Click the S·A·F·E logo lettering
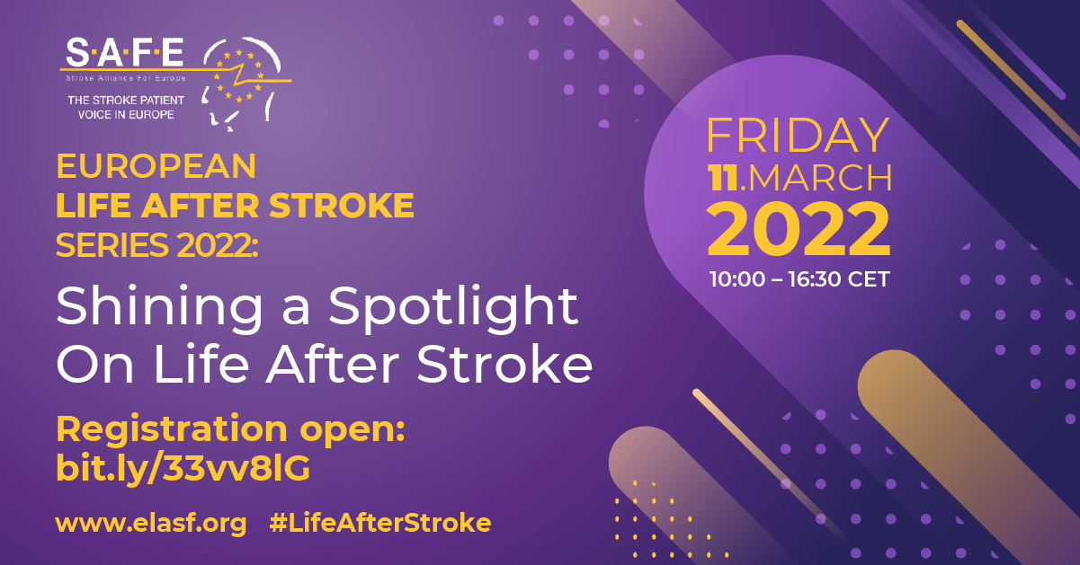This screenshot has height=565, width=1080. [125, 52]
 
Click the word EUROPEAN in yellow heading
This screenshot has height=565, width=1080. [156, 166]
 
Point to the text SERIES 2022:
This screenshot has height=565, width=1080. [157, 245]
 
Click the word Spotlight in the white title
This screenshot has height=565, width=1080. [453, 308]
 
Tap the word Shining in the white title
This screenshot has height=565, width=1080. [159, 308]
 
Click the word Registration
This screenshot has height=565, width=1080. [172, 428]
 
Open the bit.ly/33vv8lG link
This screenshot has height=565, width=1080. [183, 468]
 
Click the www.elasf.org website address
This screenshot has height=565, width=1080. [151, 524]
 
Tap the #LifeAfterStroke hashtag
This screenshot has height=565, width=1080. [380, 523]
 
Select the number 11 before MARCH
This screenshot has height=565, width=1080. [723, 178]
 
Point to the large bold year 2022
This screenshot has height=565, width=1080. [799, 229]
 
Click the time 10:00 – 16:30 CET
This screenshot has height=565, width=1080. [799, 279]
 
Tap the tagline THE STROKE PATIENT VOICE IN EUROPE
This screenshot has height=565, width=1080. [126, 108]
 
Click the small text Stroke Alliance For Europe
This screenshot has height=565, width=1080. [126, 78]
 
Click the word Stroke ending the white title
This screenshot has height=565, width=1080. [504, 364]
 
